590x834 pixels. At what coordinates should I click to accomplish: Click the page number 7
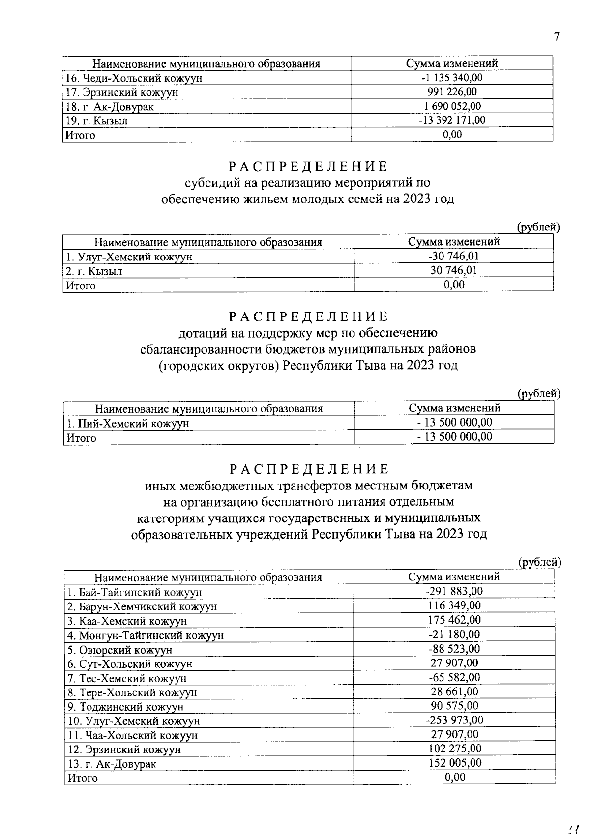(x=556, y=37)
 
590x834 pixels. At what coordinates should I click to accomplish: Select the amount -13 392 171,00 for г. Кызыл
(x=453, y=120)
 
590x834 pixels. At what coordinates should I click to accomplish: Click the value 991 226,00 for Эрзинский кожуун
(x=452, y=92)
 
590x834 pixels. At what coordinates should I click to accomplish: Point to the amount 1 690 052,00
(x=452, y=106)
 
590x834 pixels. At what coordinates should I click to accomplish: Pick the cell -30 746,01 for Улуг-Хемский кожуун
(x=453, y=256)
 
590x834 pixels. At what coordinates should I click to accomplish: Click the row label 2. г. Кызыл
(x=94, y=271)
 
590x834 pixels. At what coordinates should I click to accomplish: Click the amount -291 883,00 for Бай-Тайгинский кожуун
(x=454, y=591)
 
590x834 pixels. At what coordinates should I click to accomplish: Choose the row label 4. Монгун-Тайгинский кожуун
(x=146, y=635)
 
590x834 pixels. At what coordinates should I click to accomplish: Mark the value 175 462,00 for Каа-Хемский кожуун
(x=454, y=620)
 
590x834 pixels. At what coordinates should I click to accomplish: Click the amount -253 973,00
(x=454, y=720)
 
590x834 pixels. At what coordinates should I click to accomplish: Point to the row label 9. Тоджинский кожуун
(x=125, y=707)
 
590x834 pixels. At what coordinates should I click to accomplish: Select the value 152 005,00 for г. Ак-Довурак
(x=454, y=763)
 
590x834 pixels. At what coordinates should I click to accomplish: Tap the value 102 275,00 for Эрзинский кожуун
(x=454, y=748)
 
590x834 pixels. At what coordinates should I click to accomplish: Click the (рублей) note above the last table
(x=540, y=562)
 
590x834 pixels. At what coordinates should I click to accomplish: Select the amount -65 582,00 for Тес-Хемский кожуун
(x=454, y=677)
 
